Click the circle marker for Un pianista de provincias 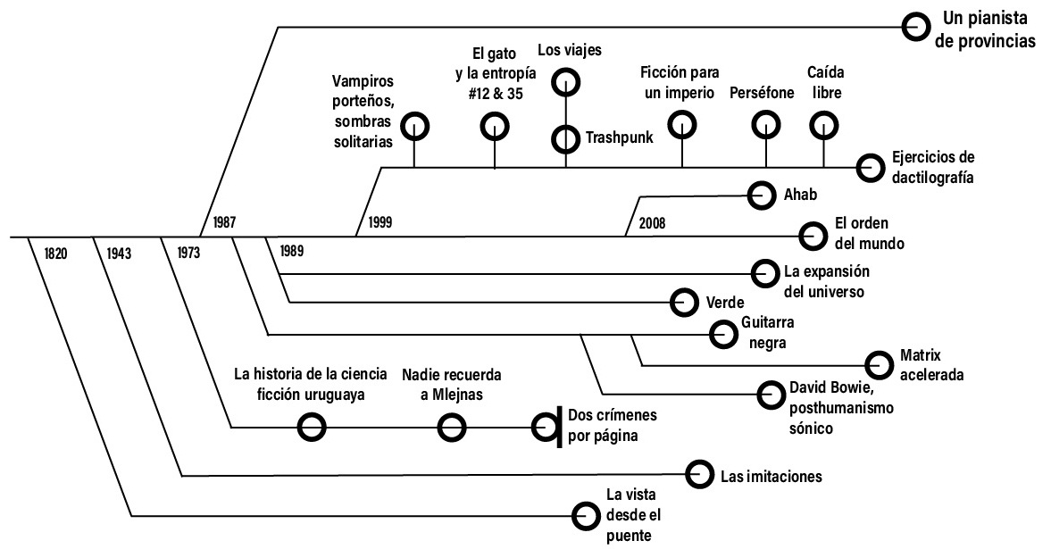pos(914,27)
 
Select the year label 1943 pos(118,253)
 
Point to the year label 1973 pos(188,253)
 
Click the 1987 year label pos(225,220)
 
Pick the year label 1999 pos(379,220)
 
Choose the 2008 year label pos(652,222)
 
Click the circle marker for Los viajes pos(565,83)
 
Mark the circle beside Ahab pos(761,194)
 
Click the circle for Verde pos(683,303)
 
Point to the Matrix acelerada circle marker pos(880,363)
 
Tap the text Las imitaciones pos(771,476)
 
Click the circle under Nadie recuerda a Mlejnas pos(452,428)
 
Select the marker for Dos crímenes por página pos(546,428)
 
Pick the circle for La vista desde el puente pos(586,515)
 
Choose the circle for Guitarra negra pos(722,334)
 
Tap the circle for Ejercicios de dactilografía pos(868,167)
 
